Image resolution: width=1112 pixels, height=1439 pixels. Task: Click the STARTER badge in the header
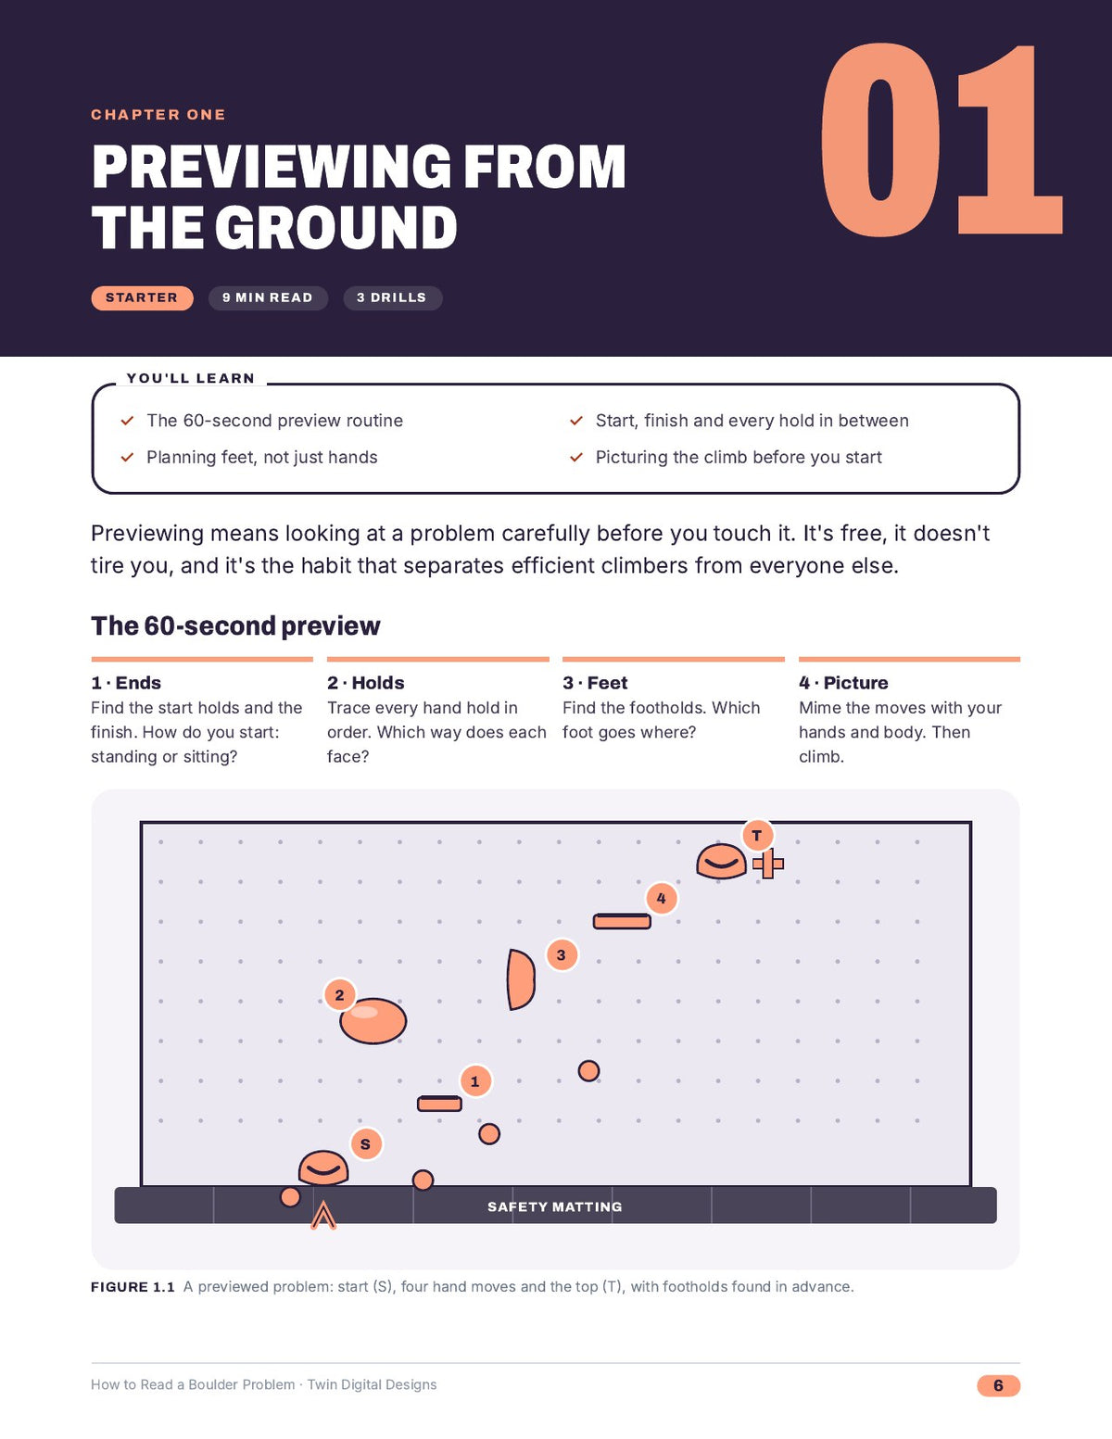pyautogui.click(x=142, y=298)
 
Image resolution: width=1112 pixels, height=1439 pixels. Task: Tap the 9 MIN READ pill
pyautogui.click(x=268, y=298)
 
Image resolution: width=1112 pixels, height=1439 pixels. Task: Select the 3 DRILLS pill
pyautogui.click(x=392, y=298)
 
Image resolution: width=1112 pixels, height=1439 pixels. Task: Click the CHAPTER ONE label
pyautogui.click(x=158, y=115)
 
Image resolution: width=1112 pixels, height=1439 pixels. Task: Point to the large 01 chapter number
pyautogui.click(x=941, y=140)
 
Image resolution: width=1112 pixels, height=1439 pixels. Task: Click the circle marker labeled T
pyautogui.click(x=757, y=835)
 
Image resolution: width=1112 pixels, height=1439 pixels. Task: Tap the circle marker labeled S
pyautogui.click(x=366, y=1143)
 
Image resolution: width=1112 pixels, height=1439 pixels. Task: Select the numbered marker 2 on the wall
pyautogui.click(x=340, y=994)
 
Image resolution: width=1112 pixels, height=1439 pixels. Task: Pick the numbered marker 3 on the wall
pyautogui.click(x=562, y=955)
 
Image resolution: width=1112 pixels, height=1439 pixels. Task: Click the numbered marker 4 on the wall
pyautogui.click(x=661, y=899)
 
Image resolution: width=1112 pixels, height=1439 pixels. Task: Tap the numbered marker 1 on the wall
pyautogui.click(x=474, y=1081)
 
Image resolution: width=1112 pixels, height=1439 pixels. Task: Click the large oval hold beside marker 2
pyautogui.click(x=373, y=1020)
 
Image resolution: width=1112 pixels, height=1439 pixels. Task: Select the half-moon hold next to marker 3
pyautogui.click(x=521, y=979)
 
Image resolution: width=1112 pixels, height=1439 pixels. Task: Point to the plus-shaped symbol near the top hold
pyautogui.click(x=768, y=864)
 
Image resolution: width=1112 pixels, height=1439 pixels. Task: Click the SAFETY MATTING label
pyautogui.click(x=555, y=1206)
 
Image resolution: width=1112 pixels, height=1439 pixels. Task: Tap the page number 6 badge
pyautogui.click(x=998, y=1385)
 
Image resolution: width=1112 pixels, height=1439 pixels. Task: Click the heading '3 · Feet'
pyautogui.click(x=595, y=683)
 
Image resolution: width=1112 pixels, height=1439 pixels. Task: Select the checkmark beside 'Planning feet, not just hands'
pyautogui.click(x=127, y=457)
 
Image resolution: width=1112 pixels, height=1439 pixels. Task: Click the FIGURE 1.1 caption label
pyautogui.click(x=133, y=1287)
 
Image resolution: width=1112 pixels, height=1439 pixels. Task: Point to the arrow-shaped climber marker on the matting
pyautogui.click(x=323, y=1215)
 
